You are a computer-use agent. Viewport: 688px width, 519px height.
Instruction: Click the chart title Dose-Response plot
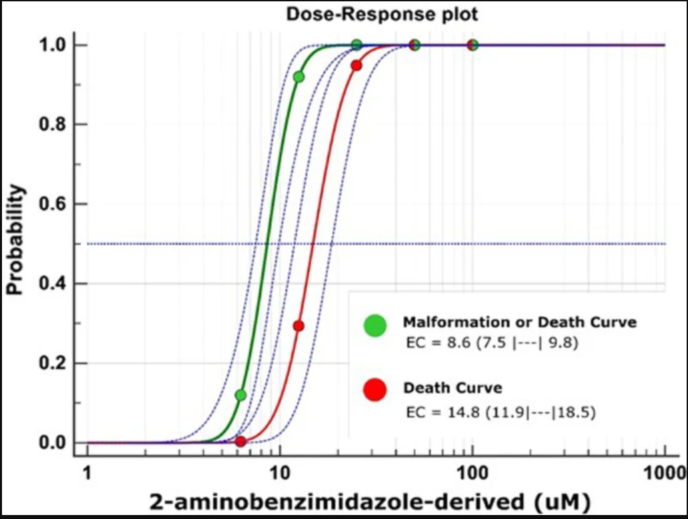382,13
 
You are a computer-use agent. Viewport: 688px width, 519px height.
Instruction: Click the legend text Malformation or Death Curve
520,322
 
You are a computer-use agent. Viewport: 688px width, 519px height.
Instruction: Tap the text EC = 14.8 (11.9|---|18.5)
501,413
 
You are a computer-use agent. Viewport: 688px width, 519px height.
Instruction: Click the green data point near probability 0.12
241,395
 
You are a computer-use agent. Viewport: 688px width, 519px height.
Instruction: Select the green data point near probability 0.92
299,77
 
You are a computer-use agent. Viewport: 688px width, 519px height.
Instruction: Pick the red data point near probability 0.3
298,326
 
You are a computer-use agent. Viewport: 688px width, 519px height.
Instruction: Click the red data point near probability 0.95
356,65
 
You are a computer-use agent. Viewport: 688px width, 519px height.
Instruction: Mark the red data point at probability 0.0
241,442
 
